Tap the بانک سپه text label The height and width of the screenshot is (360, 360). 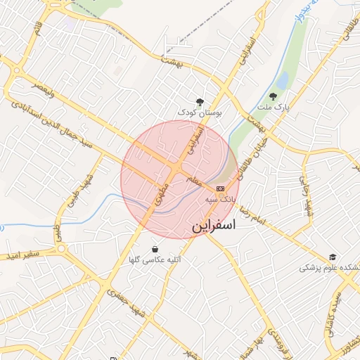(x=219, y=200)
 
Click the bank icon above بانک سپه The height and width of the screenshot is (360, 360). (x=220, y=188)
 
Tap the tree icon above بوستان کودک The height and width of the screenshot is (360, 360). (x=200, y=101)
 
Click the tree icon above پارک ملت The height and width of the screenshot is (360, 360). (x=273, y=96)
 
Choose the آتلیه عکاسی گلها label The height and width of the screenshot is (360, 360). (x=155, y=260)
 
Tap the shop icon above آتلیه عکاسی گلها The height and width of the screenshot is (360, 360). (x=155, y=249)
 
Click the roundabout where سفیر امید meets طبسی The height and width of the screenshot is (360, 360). (x=61, y=248)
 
